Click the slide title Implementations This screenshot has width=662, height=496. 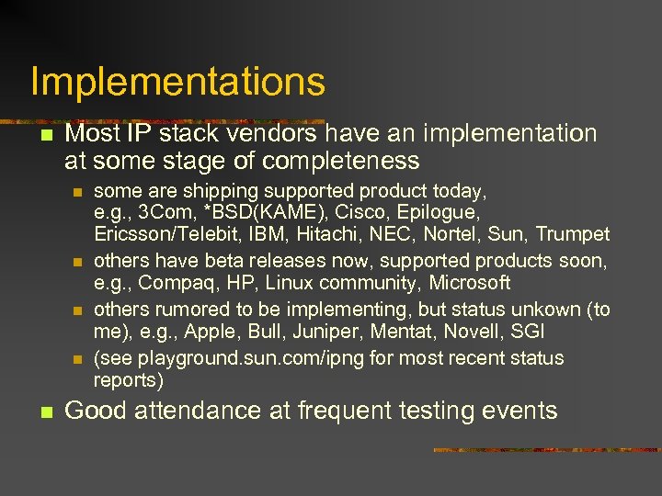177,82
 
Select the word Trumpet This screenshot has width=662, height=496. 573,233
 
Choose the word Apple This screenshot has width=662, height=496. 160,330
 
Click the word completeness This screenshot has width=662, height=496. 340,162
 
